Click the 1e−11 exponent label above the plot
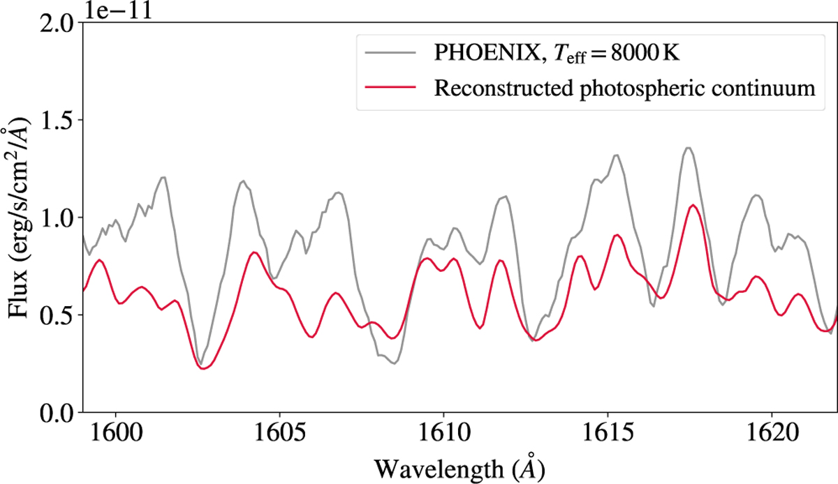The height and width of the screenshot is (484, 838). click(115, 10)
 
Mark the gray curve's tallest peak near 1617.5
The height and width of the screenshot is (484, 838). click(688, 147)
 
